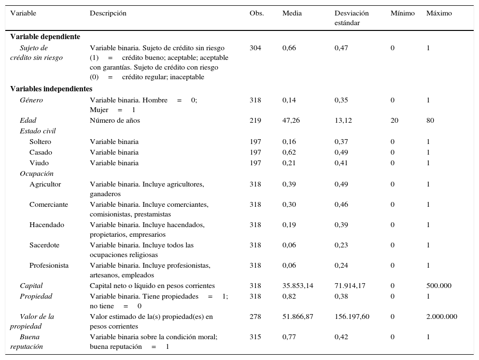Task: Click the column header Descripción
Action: [x=108, y=14]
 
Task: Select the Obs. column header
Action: [x=256, y=14]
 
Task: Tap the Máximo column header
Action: [x=439, y=14]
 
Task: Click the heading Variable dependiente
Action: [x=45, y=37]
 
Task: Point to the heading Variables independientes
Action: [x=51, y=89]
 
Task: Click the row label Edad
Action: [x=28, y=120]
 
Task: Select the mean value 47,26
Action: [x=291, y=120]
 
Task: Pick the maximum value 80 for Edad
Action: [x=430, y=120]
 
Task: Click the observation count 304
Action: [x=255, y=48]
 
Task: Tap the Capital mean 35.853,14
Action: [x=297, y=286]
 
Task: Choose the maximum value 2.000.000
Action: [x=441, y=317]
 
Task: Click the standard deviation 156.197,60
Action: [x=352, y=317]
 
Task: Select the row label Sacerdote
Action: [x=44, y=245]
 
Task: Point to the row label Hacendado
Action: [x=47, y=225]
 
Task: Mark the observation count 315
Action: [x=255, y=337]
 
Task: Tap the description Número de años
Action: [x=115, y=120]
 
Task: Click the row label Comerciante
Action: [x=49, y=204]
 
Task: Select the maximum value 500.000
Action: [x=439, y=286]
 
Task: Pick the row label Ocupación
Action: [x=37, y=173]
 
